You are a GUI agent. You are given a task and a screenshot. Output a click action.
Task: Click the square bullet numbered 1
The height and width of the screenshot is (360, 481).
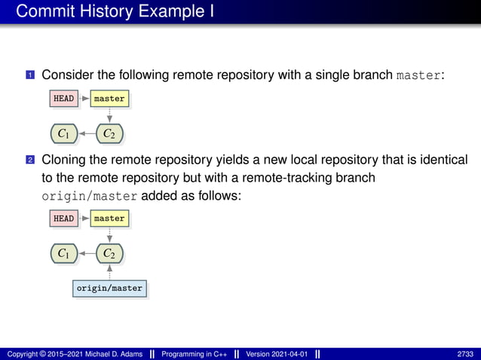[30, 76]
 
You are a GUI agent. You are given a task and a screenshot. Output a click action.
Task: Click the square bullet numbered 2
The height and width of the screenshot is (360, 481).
[30, 160]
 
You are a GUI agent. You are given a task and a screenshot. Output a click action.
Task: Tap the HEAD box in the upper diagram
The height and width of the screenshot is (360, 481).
[63, 99]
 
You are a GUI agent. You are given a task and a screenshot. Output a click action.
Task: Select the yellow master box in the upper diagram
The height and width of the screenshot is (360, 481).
[109, 99]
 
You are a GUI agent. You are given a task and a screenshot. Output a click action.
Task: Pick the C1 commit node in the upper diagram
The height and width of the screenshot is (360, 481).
[63, 134]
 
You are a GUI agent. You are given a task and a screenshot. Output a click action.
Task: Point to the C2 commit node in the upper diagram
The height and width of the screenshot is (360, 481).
[109, 134]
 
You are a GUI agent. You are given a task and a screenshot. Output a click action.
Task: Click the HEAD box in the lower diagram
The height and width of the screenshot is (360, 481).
[63, 218]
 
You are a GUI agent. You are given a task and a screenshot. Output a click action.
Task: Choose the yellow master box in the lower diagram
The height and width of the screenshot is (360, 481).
[109, 218]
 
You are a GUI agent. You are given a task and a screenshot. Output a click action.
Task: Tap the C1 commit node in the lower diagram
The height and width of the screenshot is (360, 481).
[63, 254]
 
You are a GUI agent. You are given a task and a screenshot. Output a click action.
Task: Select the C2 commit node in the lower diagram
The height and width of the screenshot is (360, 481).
[109, 254]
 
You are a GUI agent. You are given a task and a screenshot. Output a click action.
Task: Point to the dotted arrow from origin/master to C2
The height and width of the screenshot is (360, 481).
[109, 272]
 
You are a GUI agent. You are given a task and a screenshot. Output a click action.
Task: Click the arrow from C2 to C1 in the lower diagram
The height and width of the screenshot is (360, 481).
[86, 254]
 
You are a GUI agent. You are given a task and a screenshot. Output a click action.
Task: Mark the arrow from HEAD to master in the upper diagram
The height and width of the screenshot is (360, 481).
[84, 99]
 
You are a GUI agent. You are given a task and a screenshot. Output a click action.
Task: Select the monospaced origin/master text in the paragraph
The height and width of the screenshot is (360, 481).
[89, 196]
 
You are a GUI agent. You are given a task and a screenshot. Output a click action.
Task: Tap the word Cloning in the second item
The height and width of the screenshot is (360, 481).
[64, 160]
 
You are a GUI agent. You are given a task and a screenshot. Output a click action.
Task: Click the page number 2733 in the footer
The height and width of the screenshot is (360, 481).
[465, 354]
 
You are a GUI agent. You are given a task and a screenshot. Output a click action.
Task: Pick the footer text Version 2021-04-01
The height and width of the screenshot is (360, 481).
[276, 354]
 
